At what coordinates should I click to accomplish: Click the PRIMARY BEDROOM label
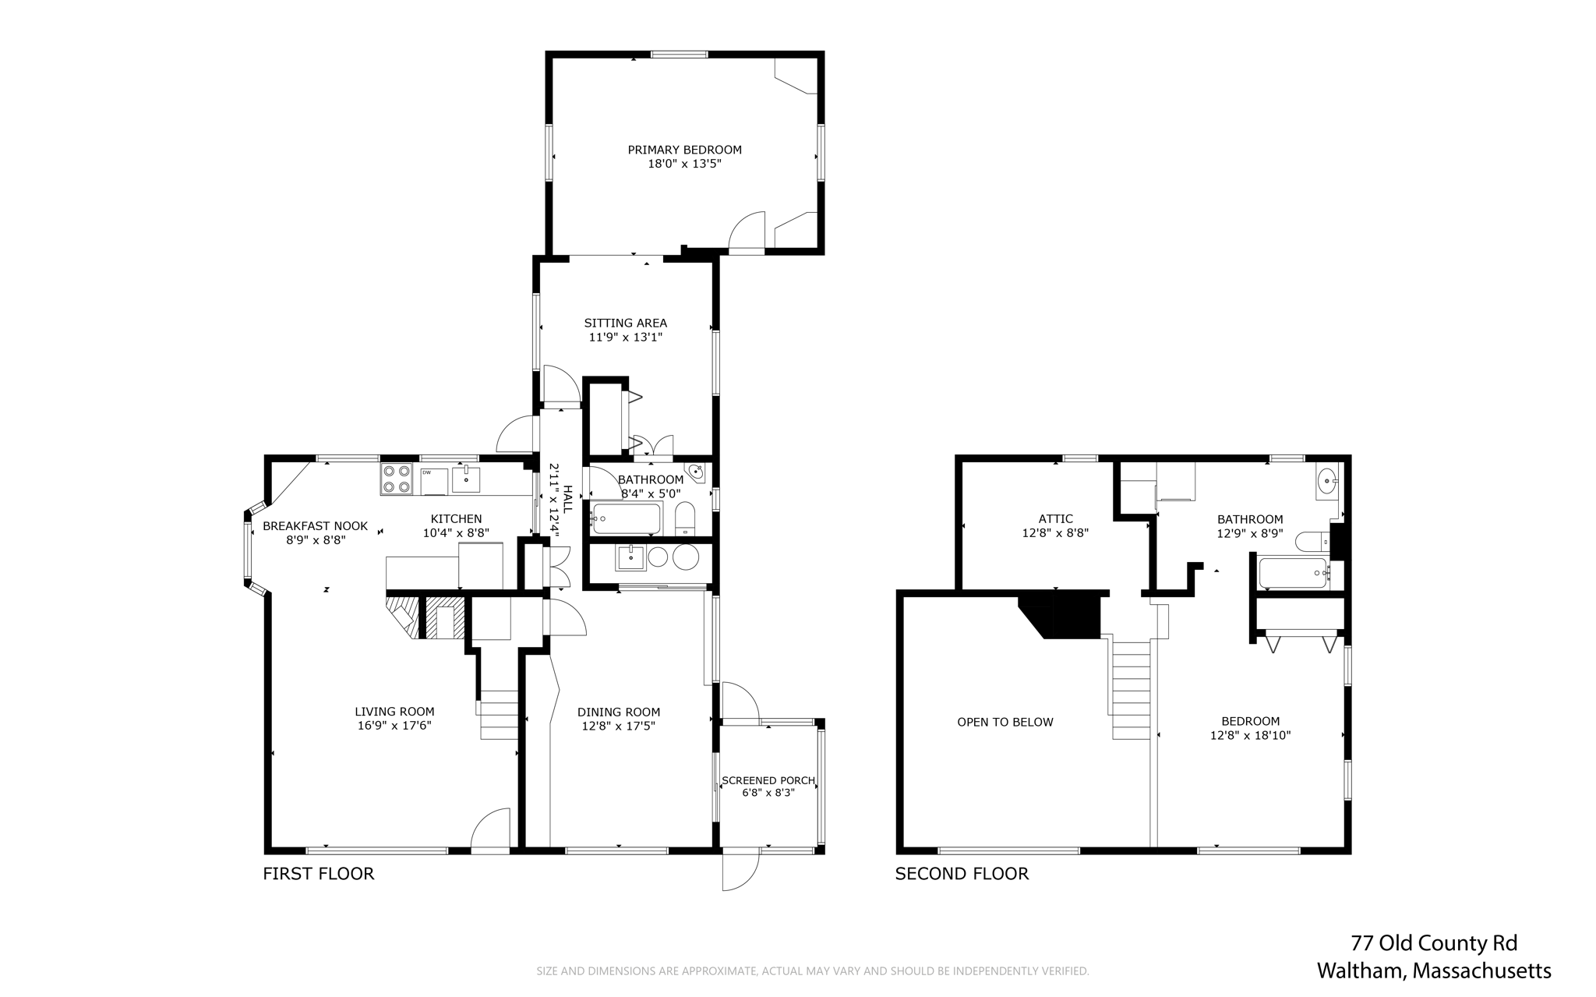[x=684, y=150]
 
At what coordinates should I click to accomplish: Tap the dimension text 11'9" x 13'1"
[x=625, y=338]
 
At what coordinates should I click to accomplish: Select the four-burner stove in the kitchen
[x=397, y=479]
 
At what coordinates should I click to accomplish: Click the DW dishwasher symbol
[x=434, y=480]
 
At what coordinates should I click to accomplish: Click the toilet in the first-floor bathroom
[x=685, y=518]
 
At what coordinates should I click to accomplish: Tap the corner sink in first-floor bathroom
[x=696, y=472]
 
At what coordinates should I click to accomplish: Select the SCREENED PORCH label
[x=768, y=780]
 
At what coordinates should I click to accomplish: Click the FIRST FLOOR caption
[x=318, y=874]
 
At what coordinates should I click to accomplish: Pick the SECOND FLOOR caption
[x=962, y=874]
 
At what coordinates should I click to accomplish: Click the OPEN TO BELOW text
[x=1005, y=723]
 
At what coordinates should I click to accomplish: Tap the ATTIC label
[x=1055, y=519]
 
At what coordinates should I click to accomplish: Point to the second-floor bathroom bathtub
[x=1292, y=573]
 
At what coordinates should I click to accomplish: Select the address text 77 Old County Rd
[x=1434, y=943]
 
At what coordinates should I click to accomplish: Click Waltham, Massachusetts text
[x=1434, y=971]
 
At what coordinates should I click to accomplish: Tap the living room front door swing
[x=491, y=830]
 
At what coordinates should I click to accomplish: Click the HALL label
[x=568, y=499]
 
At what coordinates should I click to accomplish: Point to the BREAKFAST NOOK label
[x=315, y=526]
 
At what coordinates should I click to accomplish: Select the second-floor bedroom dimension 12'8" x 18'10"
[x=1250, y=735]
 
